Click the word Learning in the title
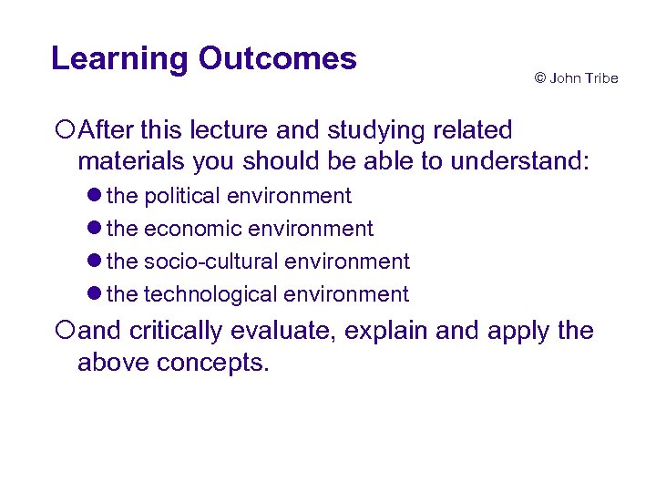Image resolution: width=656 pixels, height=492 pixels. coord(119,59)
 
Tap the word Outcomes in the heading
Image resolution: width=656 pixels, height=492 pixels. coord(277,59)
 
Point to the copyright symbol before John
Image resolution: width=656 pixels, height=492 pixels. coord(539,78)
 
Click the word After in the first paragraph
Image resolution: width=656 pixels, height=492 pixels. coord(105,131)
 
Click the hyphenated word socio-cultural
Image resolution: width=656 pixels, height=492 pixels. coord(211,261)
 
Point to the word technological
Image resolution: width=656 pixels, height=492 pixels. coord(210,294)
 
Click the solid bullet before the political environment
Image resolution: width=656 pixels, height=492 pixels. coord(96,197)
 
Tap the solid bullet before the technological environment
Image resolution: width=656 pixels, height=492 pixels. coord(96,295)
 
